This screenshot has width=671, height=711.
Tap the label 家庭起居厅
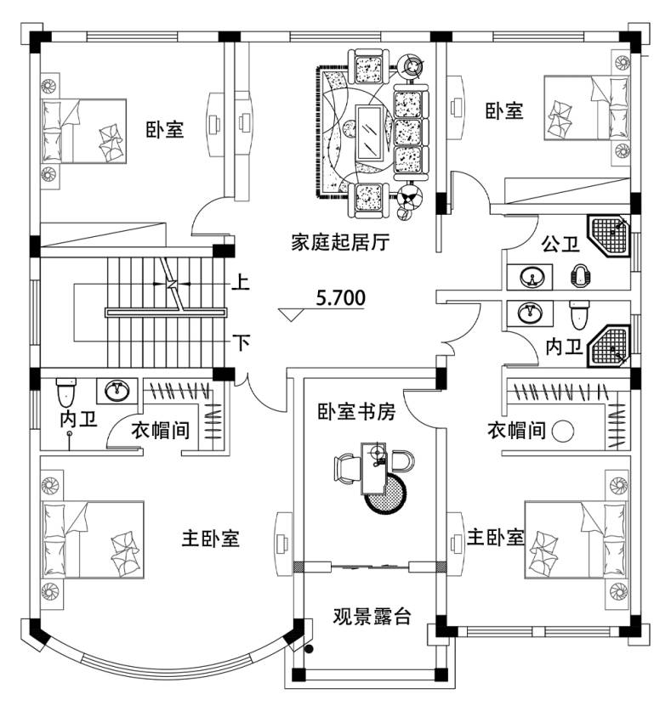[x=340, y=243]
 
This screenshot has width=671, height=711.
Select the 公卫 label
[x=560, y=245]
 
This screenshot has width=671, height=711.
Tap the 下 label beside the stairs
[x=242, y=343]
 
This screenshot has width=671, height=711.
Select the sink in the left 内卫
[x=115, y=391]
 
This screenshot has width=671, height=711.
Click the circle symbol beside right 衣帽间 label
[x=564, y=431]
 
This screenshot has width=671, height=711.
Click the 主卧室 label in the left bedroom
[x=210, y=539]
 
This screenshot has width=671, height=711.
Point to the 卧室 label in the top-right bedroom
[x=504, y=111]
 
